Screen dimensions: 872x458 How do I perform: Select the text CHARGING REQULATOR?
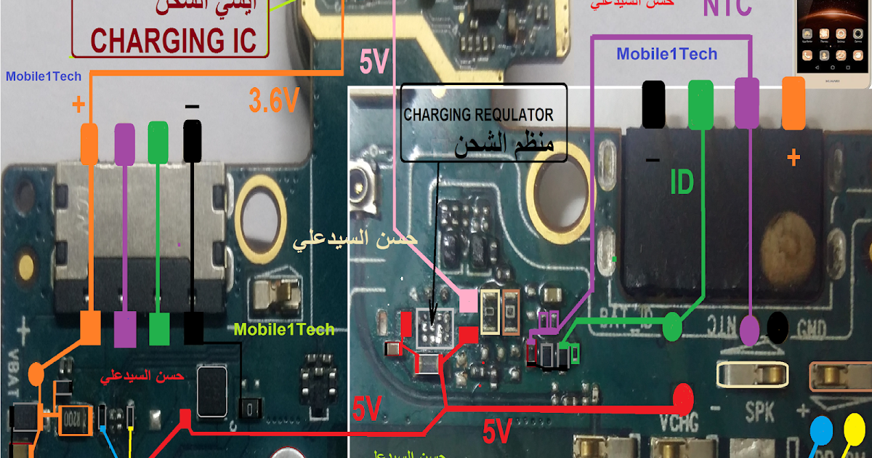coord(478,115)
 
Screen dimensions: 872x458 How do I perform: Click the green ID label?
coord(682,184)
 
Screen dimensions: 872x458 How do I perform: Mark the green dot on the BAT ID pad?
coord(673,328)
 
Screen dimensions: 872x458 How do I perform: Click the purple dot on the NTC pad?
coord(751,333)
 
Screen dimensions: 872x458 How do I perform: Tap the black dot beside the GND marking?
coord(778,329)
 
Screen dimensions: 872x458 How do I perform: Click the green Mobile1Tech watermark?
coord(284,329)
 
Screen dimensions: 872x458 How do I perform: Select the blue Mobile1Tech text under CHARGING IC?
coord(44,76)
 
